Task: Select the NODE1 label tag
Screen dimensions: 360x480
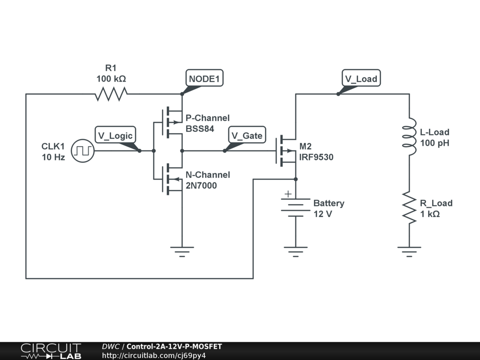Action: tap(204, 78)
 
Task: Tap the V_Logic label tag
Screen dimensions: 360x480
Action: tap(115, 135)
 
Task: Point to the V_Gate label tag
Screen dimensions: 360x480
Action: tap(247, 135)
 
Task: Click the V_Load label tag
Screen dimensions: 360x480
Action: tap(360, 78)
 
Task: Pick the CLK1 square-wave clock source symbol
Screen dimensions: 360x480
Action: tap(83, 151)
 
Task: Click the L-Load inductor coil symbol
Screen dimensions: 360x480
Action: tap(409, 136)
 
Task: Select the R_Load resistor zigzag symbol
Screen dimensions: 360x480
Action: tap(409, 208)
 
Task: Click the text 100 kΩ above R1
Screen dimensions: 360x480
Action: tap(111, 78)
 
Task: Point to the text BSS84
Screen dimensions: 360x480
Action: tap(200, 128)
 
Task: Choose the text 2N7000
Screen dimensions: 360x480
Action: tap(201, 186)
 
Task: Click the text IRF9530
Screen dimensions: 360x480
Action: tap(316, 157)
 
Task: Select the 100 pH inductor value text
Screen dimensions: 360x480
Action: tap(435, 143)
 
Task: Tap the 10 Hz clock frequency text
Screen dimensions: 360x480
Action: tap(53, 157)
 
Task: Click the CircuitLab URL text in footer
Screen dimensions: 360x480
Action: tap(154, 355)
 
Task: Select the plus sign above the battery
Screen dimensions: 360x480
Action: tap(288, 194)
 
